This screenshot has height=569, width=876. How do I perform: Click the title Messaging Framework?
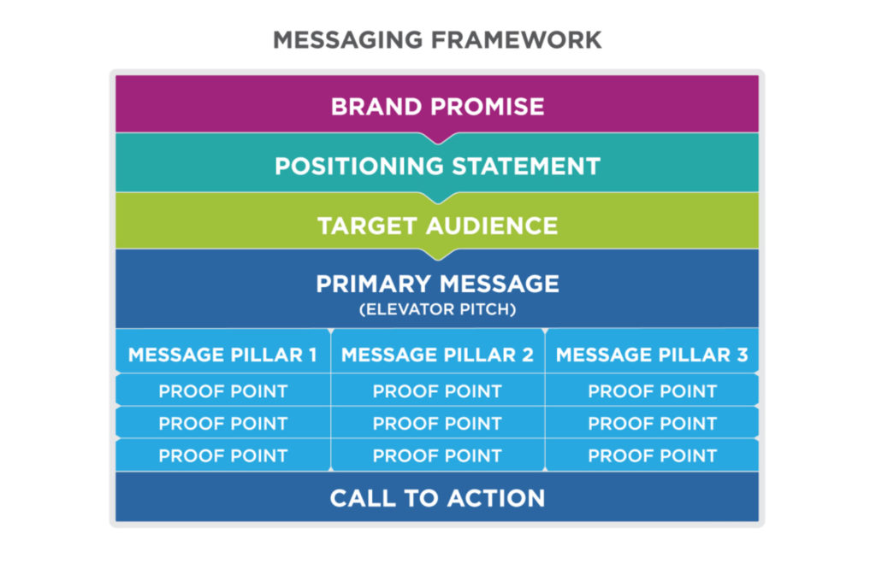pos(437,40)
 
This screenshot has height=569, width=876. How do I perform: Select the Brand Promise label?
pos(437,107)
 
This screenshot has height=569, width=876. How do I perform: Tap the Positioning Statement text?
pos(437,167)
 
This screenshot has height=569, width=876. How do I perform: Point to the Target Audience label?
pos(437,226)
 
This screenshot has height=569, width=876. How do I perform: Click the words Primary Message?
pos(437,284)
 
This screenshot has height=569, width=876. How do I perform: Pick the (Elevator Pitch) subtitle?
pos(437,309)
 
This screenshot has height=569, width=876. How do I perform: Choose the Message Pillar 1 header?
pos(223,355)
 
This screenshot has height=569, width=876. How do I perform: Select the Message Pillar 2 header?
pos(437,355)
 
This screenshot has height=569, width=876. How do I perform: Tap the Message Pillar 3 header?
pos(652,355)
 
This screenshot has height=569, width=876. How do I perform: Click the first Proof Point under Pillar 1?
pos(223,391)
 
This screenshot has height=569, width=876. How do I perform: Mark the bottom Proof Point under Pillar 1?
pos(223,456)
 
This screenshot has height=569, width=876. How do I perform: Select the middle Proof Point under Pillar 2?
pos(437,424)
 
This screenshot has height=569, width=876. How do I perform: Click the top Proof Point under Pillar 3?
pos(653,391)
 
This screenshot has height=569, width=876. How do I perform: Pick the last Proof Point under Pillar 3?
pos(653,456)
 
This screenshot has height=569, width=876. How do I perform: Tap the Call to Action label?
pos(437,498)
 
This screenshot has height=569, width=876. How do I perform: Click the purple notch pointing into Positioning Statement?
pos(438,138)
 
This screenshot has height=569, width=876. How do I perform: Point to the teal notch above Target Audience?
pos(438,197)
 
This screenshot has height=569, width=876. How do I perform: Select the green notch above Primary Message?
pos(438,255)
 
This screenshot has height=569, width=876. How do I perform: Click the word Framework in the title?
pos(517,40)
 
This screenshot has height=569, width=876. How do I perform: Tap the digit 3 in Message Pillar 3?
pos(743,355)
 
